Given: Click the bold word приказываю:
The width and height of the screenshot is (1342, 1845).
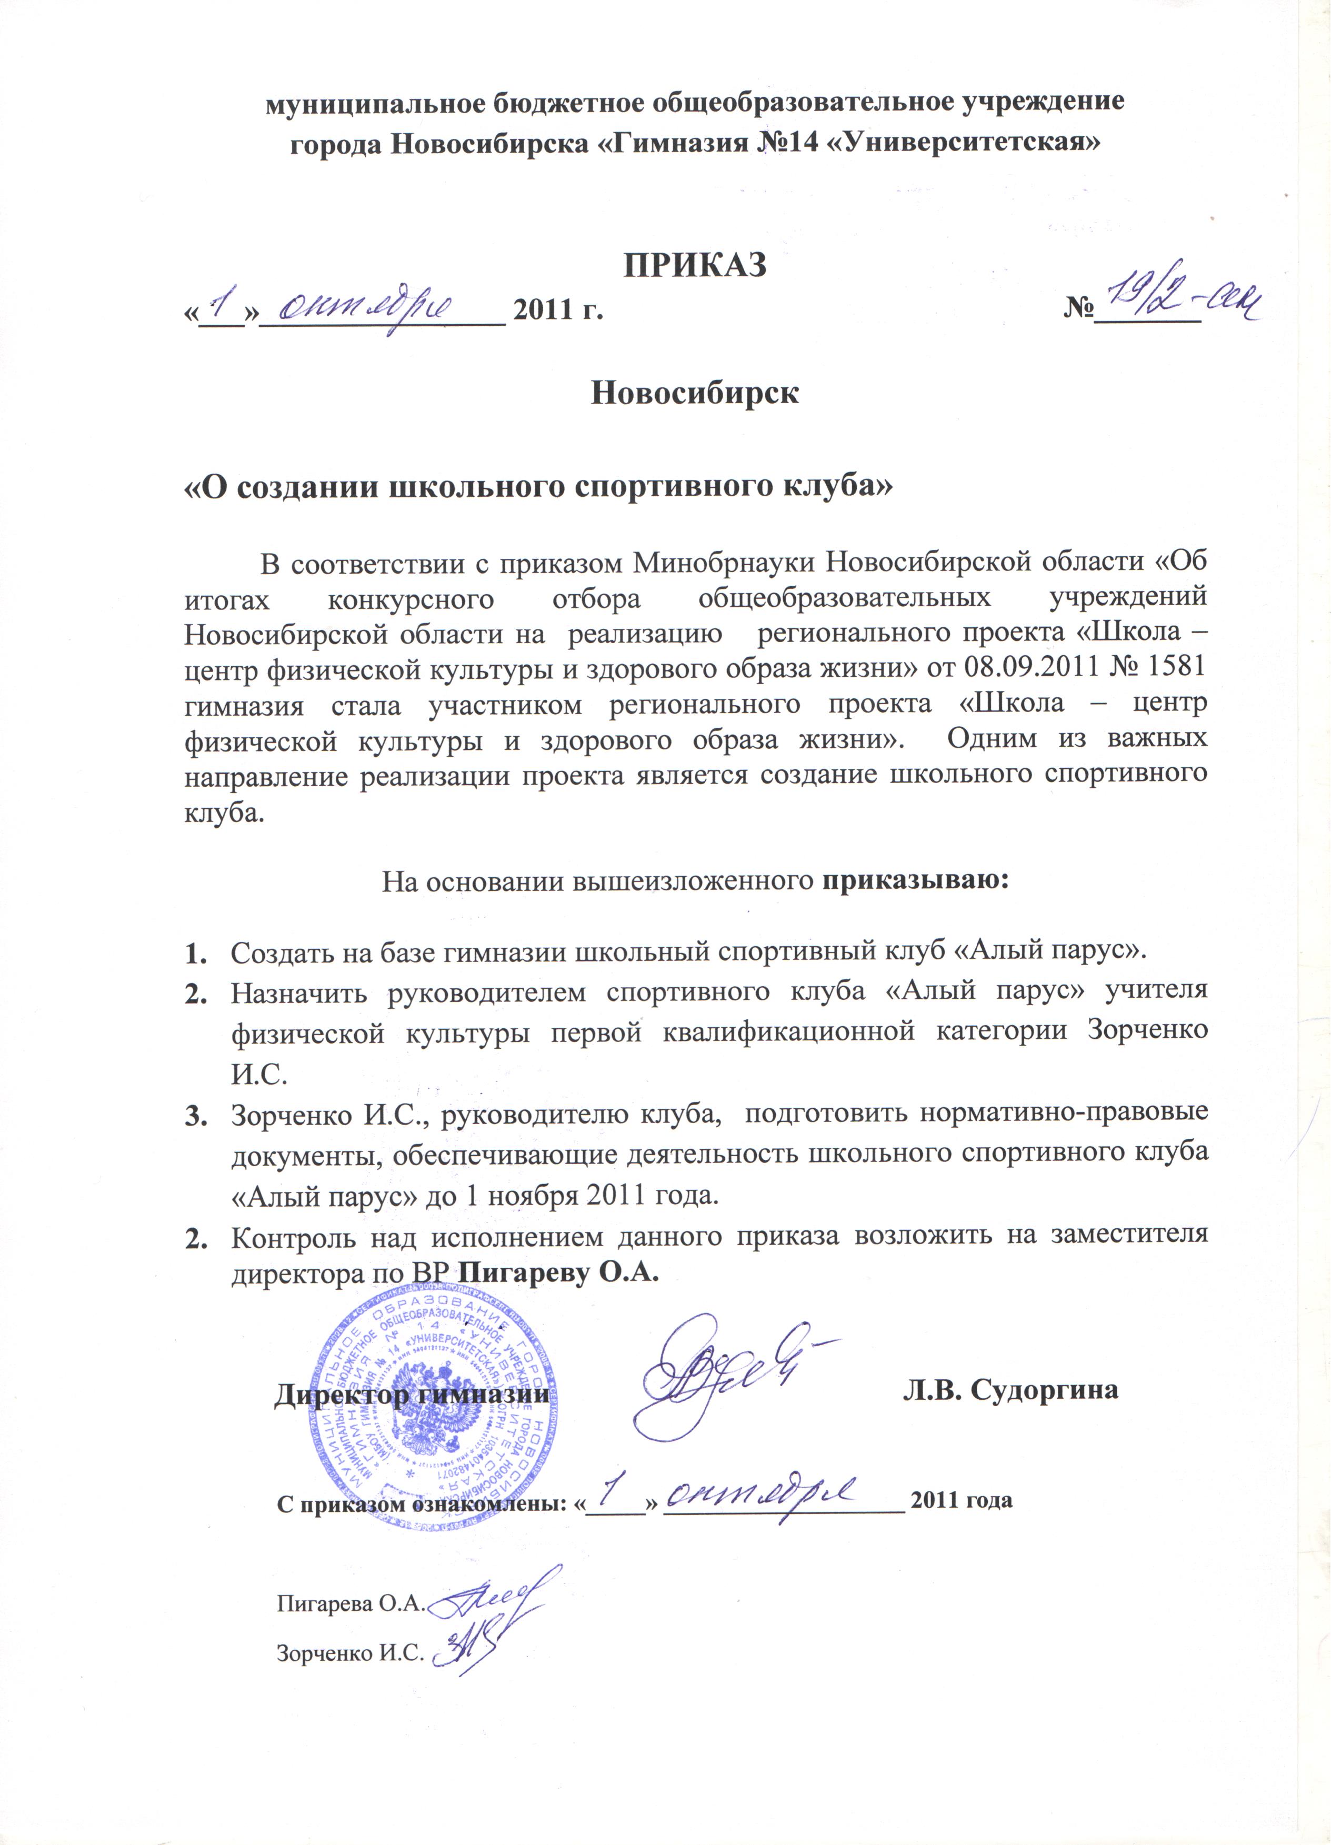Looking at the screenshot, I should (x=916, y=881).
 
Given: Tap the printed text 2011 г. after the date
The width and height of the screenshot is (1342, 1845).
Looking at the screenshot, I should (x=559, y=310).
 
